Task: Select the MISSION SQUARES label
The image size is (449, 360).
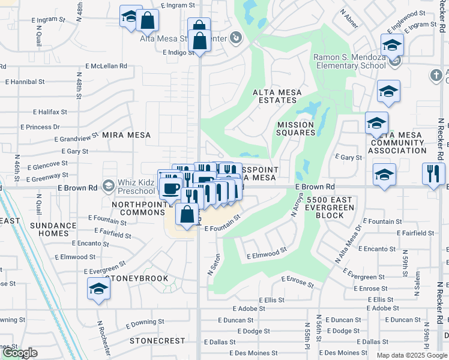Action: pyautogui.click(x=295, y=129)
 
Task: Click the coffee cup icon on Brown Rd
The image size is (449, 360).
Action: pyautogui.click(x=171, y=187)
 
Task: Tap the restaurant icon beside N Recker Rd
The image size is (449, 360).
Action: pyautogui.click(x=433, y=174)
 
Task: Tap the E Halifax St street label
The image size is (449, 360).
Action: pyautogui.click(x=50, y=112)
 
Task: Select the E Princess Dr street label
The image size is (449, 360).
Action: pyautogui.click(x=40, y=127)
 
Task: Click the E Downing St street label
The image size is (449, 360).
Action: pyautogui.click(x=145, y=325)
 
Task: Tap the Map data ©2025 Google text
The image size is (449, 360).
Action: pyautogui.click(x=411, y=355)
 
